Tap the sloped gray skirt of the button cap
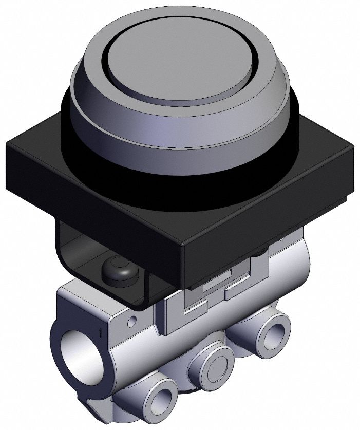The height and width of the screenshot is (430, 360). pos(128,123)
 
